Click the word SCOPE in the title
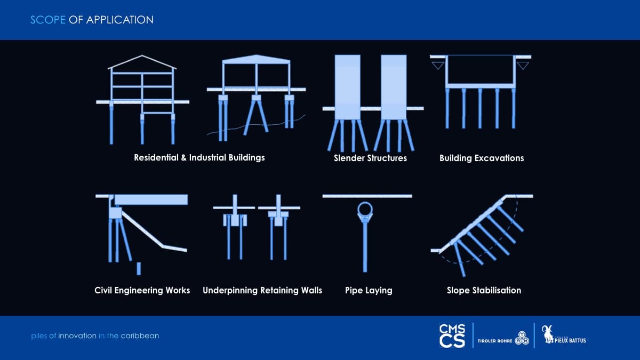coord(48,20)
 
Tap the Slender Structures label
coord(370,158)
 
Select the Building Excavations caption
coord(482,158)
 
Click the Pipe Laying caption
coord(369,291)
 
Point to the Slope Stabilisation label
coord(484,290)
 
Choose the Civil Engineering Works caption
coord(142,291)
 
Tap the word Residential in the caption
coord(156,157)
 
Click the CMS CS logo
coord(452,335)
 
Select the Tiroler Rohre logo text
coord(495,341)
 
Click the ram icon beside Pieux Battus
coord(548,334)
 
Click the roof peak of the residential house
coord(142,55)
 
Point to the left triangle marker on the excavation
coord(438,66)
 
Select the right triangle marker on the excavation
coord(523,66)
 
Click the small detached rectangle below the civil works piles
coord(139,269)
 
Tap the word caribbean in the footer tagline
coord(140,335)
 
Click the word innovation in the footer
coord(77,335)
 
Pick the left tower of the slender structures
coord(347,87)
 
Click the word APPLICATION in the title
coord(119,20)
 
